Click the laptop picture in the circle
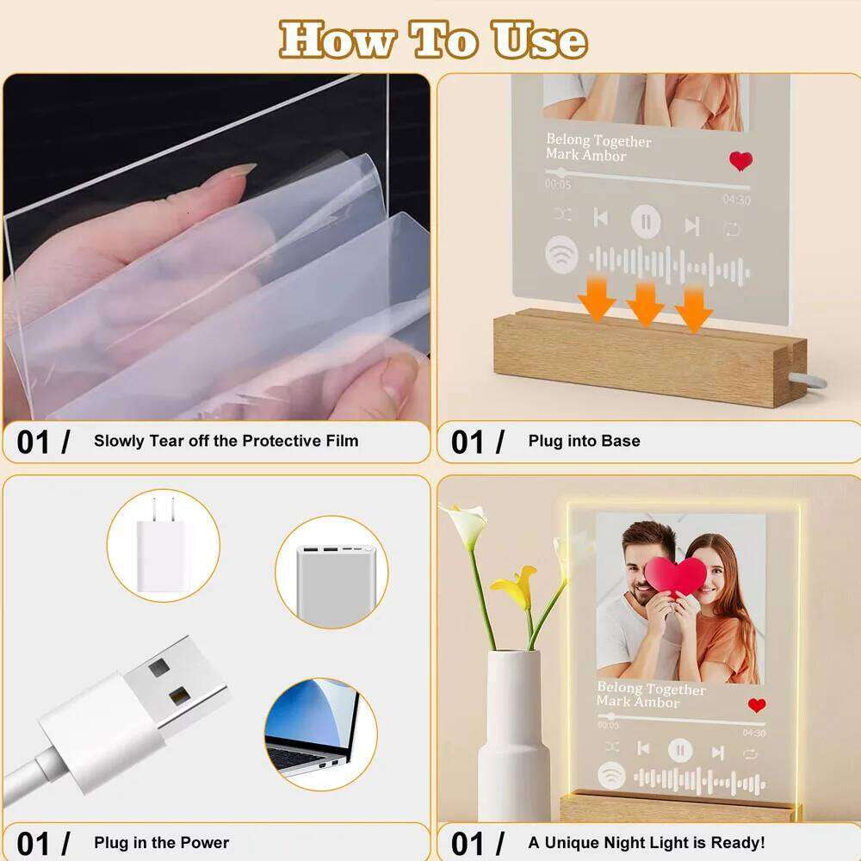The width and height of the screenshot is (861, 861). pos(319,729)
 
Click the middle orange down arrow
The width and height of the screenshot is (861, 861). pos(645,304)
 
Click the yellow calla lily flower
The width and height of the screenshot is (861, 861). pos(515,588)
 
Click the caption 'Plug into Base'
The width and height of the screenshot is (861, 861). pos(584,441)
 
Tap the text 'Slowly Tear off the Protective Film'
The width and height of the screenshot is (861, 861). pos(226,441)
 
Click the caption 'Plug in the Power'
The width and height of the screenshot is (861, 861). pos(161,842)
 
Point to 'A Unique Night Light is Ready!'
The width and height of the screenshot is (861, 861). pos(646,842)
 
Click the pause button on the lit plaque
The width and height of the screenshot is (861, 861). pos(680,751)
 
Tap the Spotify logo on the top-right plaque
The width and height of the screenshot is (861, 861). pos(561,255)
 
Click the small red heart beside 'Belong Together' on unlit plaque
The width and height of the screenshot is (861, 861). pos(740,160)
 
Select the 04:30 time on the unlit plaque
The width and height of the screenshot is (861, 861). pos(736,200)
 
